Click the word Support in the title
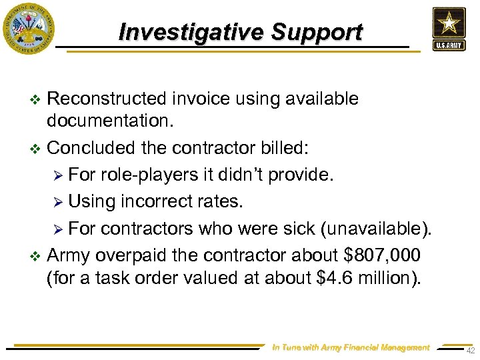click(317, 32)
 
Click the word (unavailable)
click(377, 230)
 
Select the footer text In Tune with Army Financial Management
click(351, 347)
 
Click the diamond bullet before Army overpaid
click(36, 255)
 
